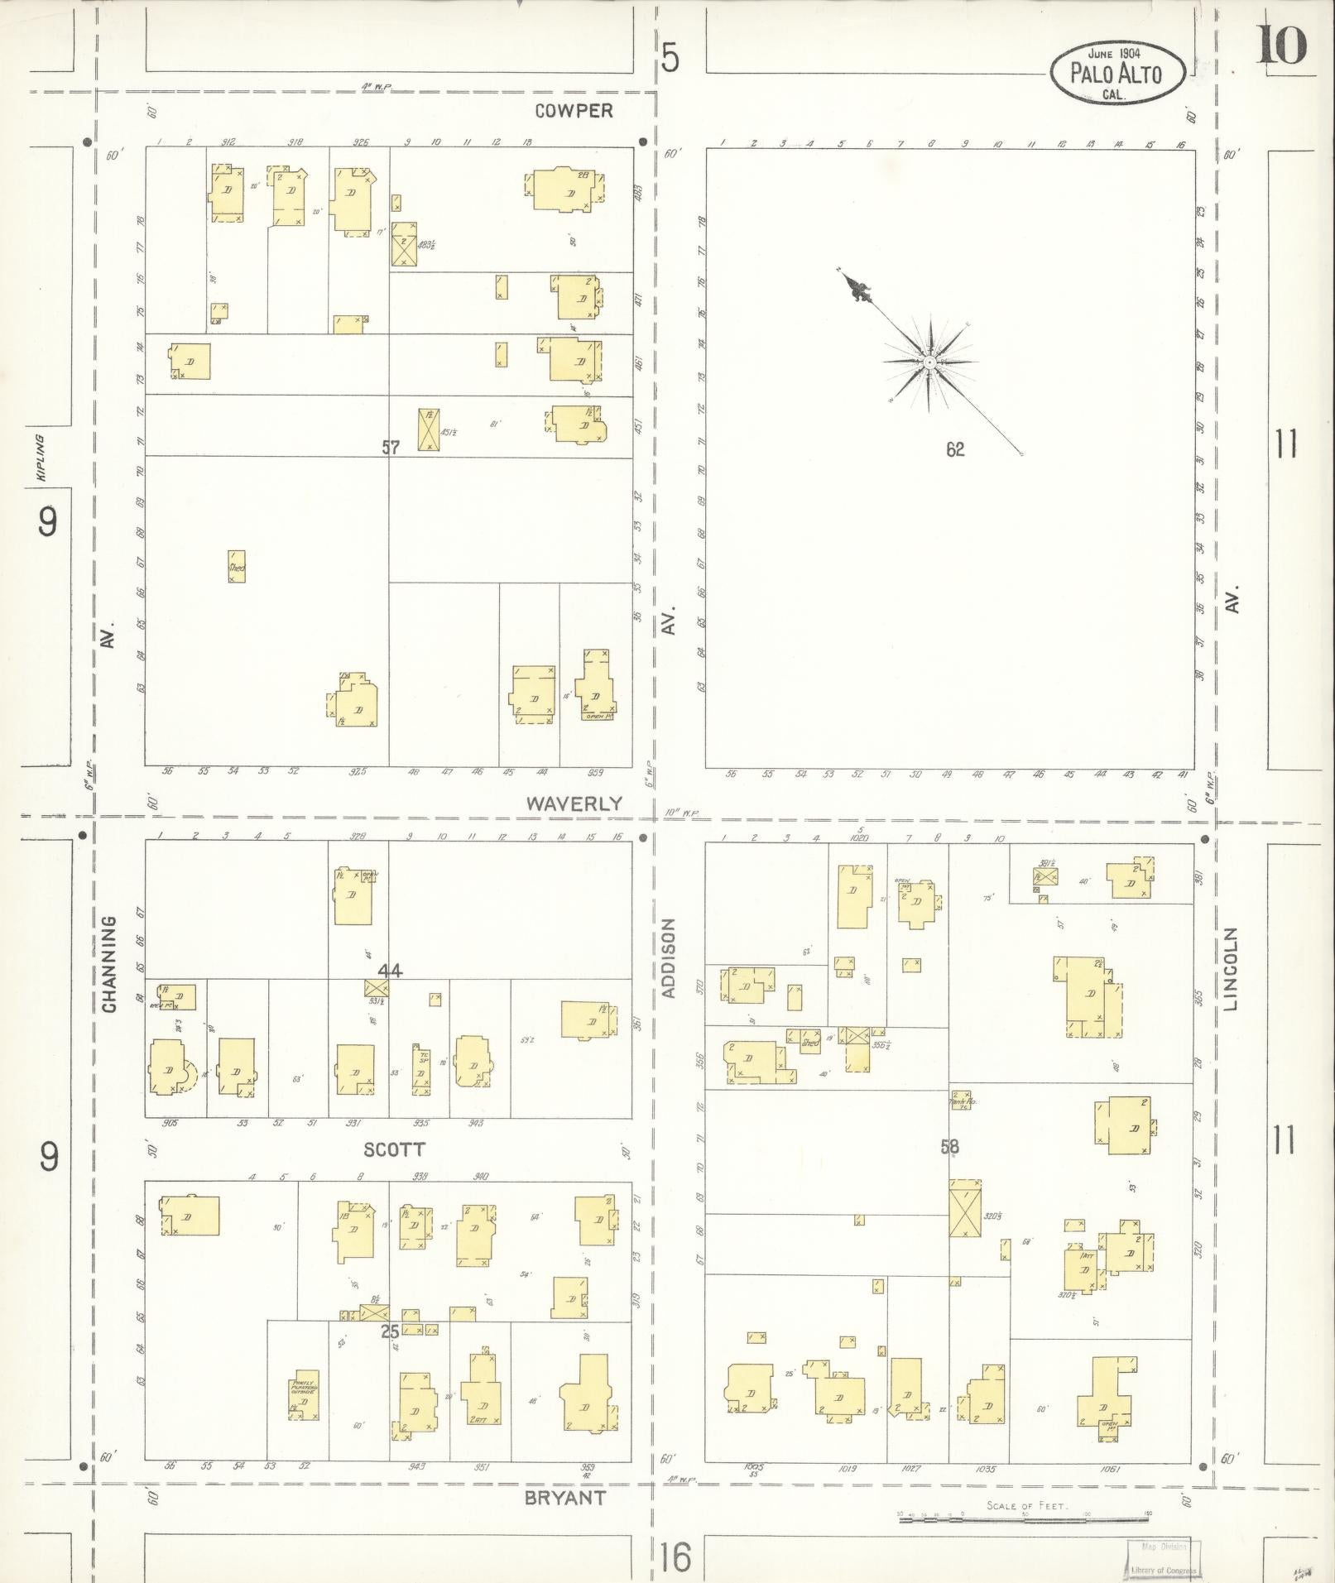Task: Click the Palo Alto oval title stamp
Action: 1117,73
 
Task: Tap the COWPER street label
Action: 574,111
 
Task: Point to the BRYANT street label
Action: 566,1498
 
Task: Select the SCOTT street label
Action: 394,1149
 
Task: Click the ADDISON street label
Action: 670,957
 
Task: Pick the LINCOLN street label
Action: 1231,969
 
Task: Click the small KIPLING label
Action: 39,457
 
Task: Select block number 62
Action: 955,450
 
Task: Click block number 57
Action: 391,448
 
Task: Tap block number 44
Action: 390,970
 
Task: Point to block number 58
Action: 949,1147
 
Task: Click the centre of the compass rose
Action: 930,362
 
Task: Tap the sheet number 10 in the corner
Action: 1282,46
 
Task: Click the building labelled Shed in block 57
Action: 237,567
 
